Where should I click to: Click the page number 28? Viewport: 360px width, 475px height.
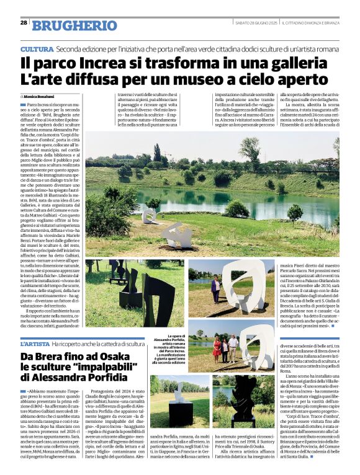tap(24, 23)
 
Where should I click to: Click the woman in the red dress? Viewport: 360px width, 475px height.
tap(217, 348)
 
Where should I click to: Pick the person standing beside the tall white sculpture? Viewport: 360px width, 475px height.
tap(216, 289)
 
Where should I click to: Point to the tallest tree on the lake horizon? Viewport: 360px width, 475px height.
tap(157, 152)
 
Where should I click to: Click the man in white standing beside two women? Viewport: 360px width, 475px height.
tap(233, 348)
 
